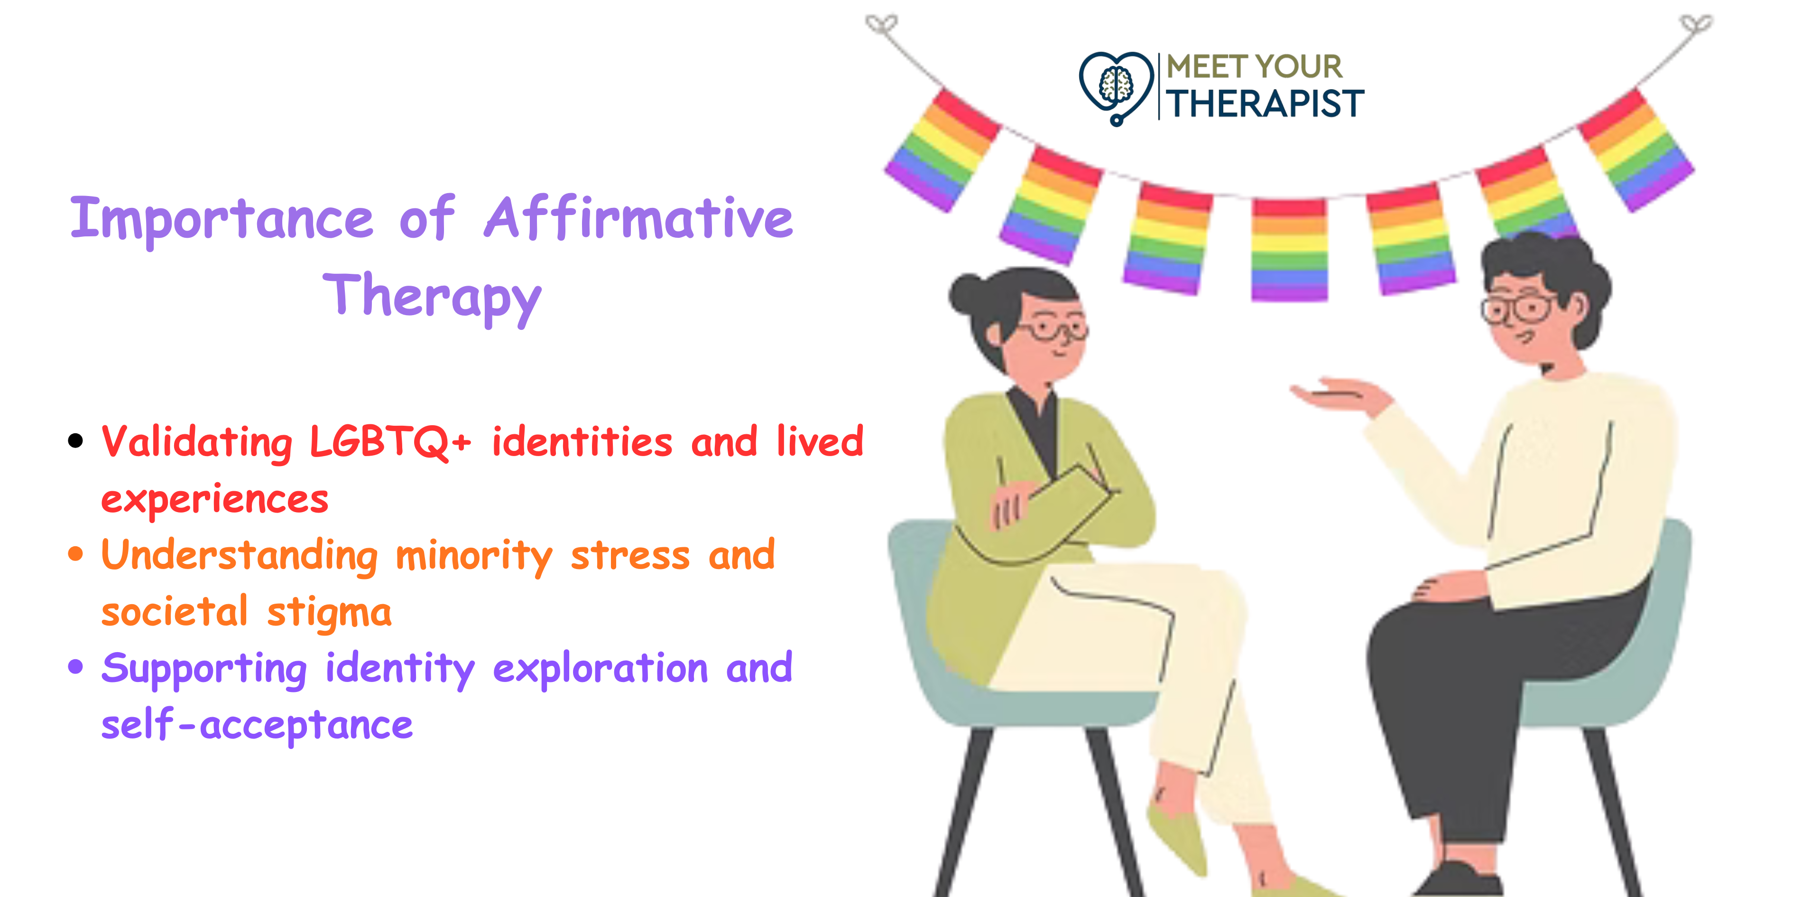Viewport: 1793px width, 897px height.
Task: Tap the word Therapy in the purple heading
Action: [x=432, y=298]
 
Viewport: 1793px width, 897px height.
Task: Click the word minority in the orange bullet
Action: [x=474, y=556]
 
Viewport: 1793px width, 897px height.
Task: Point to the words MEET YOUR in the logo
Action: [x=1254, y=67]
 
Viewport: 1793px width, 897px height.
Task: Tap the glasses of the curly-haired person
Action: [x=1517, y=308]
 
